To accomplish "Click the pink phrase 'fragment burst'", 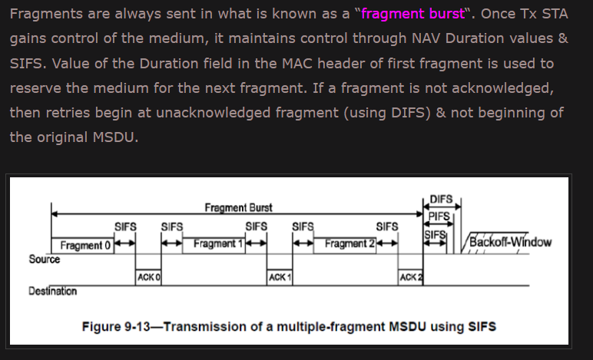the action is click(x=412, y=15).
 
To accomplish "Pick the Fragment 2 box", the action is click(x=350, y=244).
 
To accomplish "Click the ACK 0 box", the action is click(x=147, y=276).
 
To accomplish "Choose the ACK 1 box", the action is click(x=279, y=276).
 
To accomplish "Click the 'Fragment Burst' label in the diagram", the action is click(x=238, y=208).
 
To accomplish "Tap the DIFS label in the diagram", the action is click(x=442, y=200).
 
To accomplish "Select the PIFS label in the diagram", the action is click(x=439, y=217).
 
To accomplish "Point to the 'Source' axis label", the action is click(x=45, y=259).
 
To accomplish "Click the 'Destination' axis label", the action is click(x=52, y=292).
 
